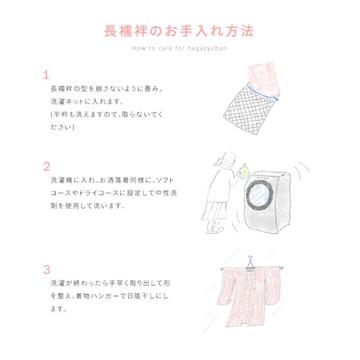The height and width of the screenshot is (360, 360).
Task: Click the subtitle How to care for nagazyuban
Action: coord(179,48)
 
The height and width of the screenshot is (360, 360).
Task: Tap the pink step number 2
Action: coord(46,166)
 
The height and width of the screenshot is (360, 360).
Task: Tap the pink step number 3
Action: coord(46,269)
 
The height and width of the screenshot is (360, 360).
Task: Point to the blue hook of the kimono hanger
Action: coord(251,259)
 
